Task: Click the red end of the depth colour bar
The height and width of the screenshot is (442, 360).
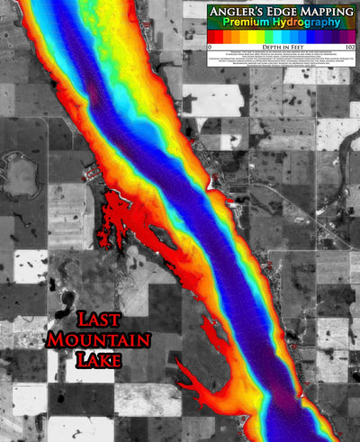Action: (212, 34)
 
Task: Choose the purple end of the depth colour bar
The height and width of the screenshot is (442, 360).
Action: (351, 34)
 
